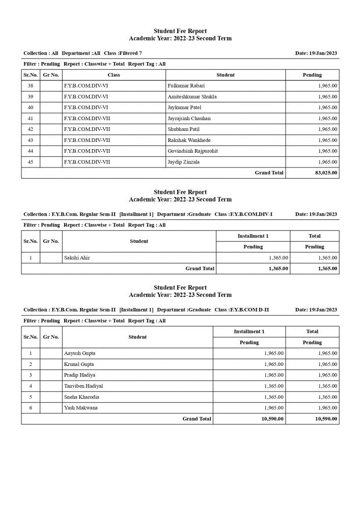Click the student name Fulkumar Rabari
186,86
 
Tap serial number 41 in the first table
31,119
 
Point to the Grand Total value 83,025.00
326,173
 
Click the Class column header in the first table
114,75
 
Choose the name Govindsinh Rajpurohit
192,151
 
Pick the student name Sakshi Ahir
77,258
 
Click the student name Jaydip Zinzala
183,162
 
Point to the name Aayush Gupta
79,353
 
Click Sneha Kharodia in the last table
81,397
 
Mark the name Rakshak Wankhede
189,140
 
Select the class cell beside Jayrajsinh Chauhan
87,119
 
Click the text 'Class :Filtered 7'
123,53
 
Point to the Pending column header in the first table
312,75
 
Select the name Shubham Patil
182,129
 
